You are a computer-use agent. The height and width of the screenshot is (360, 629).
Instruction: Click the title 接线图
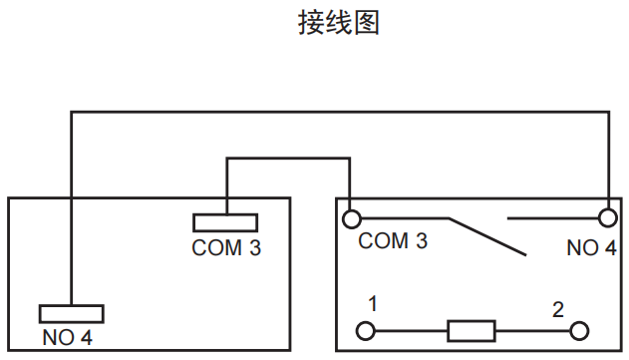click(x=339, y=23)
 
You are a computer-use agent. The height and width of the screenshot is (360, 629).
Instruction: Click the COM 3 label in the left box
click(x=226, y=248)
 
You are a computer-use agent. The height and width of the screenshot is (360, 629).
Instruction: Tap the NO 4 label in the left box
click(x=68, y=338)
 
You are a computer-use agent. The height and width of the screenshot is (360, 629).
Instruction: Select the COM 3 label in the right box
click(x=393, y=241)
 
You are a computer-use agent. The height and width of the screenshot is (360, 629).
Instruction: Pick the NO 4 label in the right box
click(x=591, y=248)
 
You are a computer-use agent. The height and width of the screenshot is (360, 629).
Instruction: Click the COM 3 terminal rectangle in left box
click(x=226, y=222)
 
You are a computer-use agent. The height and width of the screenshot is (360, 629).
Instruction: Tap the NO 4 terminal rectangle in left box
click(x=71, y=312)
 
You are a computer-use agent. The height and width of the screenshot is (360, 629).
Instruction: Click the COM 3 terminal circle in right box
click(x=351, y=217)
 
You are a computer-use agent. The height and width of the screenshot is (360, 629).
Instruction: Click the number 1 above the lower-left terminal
click(x=371, y=303)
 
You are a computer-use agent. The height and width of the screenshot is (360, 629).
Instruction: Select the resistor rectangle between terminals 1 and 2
click(x=472, y=330)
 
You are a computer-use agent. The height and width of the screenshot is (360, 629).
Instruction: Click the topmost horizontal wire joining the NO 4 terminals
click(x=339, y=113)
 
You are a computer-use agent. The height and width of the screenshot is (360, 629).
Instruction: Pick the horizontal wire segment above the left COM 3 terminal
click(x=289, y=157)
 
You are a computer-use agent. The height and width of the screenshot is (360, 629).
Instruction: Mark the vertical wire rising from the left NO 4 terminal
click(x=71, y=209)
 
